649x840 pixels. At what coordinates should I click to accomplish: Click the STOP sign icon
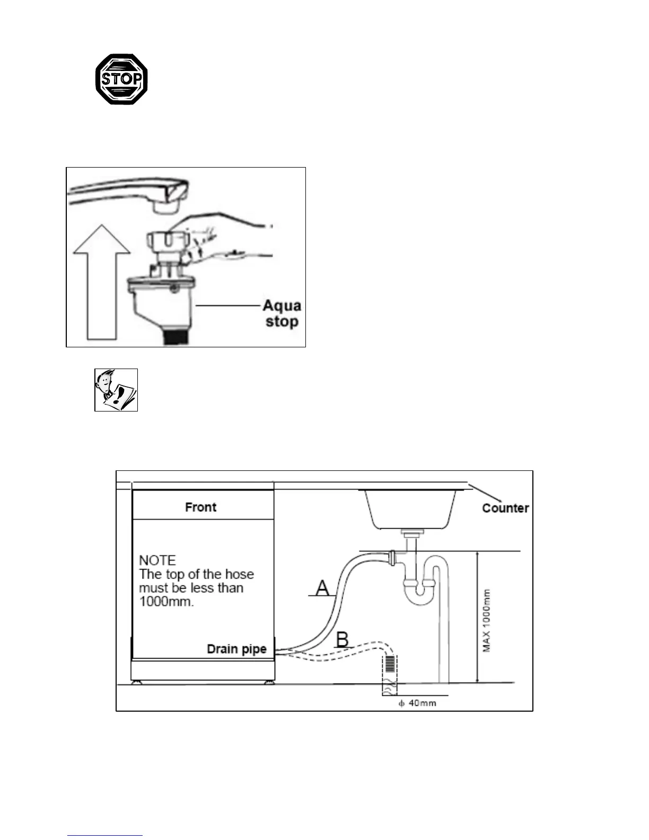coord(121,79)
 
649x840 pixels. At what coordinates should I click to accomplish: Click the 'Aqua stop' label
coord(282,313)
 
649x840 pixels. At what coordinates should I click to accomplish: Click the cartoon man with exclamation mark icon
coord(116,390)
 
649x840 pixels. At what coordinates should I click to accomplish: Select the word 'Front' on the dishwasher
coord(200,507)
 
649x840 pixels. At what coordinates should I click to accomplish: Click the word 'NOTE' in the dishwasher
coord(157,561)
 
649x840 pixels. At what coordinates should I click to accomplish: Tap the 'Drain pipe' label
coord(236,649)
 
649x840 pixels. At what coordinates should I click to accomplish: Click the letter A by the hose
coord(322,588)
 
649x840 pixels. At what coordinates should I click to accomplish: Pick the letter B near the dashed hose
coord(343,639)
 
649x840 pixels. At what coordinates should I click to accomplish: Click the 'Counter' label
coord(505,508)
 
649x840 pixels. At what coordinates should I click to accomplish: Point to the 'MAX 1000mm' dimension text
coord(487,620)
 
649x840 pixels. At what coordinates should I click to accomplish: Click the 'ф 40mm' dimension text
coord(417,703)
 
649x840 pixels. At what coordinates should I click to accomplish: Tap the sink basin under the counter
coord(411,509)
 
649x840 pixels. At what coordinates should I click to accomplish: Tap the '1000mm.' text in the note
coord(166,602)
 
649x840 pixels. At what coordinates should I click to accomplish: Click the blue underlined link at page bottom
coord(105,835)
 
